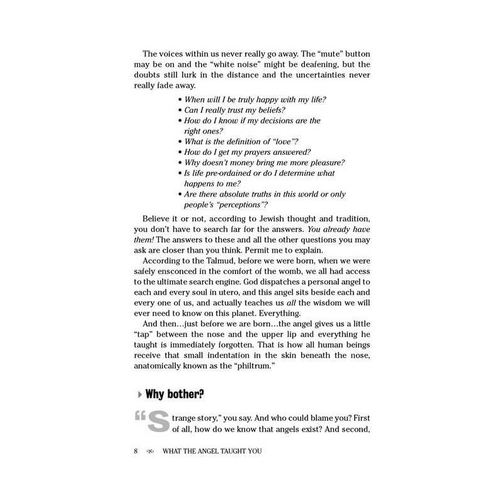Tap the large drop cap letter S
click(157, 422)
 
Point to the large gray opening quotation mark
click(140, 417)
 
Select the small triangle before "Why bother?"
click(139, 395)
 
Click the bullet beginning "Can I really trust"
click(180, 110)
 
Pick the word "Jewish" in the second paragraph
click(256, 217)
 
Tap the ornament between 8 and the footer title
click(149, 452)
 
